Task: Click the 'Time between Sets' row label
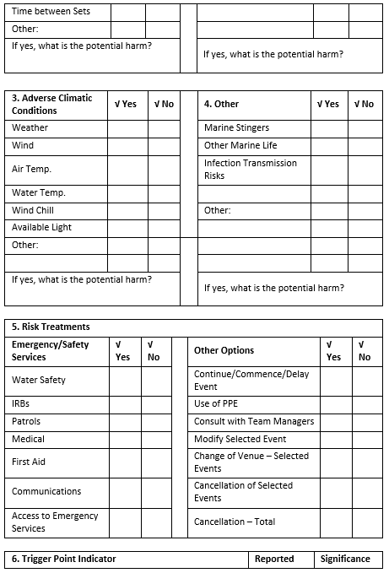point(51,13)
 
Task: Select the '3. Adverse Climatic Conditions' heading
point(52,104)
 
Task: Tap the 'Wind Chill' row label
point(33,210)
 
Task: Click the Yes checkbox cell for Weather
point(127,128)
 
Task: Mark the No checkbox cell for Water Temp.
point(164,193)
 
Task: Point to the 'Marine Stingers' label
point(237,128)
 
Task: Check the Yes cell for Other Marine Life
point(329,146)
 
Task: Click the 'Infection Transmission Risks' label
point(251,170)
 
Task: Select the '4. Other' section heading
point(222,104)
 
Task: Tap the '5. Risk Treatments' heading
point(51,327)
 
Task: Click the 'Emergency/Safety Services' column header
point(51,350)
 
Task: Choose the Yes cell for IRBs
point(125,404)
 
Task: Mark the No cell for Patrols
point(156,421)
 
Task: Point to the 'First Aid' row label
point(29,462)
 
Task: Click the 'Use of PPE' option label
point(216,403)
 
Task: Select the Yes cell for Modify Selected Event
point(336,439)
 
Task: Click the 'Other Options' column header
point(224,350)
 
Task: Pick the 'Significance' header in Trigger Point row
point(345,559)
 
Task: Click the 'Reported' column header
point(274,559)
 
